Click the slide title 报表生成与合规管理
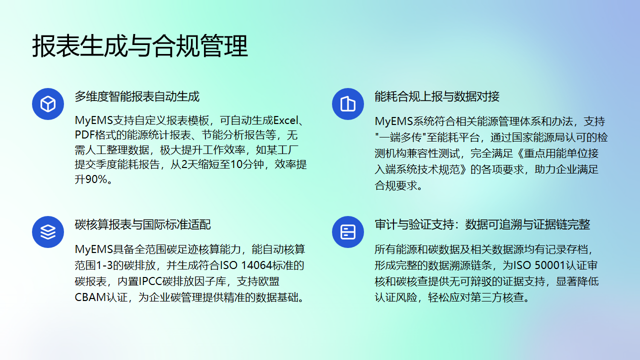click(140, 45)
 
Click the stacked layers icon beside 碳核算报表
click(46, 232)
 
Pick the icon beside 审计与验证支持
click(348, 232)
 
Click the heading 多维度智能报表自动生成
click(137, 97)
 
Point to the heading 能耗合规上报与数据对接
click(437, 97)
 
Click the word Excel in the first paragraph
click(288, 120)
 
